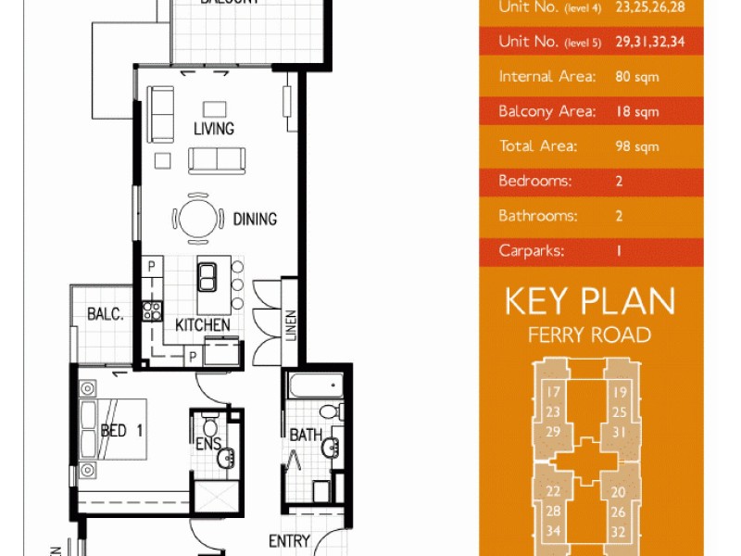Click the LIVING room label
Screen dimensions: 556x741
pos(213,129)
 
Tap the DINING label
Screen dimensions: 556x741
pos(255,220)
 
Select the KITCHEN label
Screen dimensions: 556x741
pos(203,325)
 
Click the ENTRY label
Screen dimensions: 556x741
pos(289,541)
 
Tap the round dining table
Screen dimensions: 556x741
pos(196,220)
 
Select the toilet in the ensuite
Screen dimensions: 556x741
pos(210,426)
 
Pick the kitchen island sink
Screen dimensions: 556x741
pos(207,275)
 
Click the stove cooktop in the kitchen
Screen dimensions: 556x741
pos(151,310)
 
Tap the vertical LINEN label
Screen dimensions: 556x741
pos(290,324)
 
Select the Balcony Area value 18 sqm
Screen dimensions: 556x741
pos(636,112)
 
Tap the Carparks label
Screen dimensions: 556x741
pos(531,250)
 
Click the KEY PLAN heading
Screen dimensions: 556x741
pos(590,301)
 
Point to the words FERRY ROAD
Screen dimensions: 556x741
pos(589,335)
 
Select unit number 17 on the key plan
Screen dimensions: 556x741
pos(553,393)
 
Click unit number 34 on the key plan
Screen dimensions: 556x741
pos(553,531)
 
